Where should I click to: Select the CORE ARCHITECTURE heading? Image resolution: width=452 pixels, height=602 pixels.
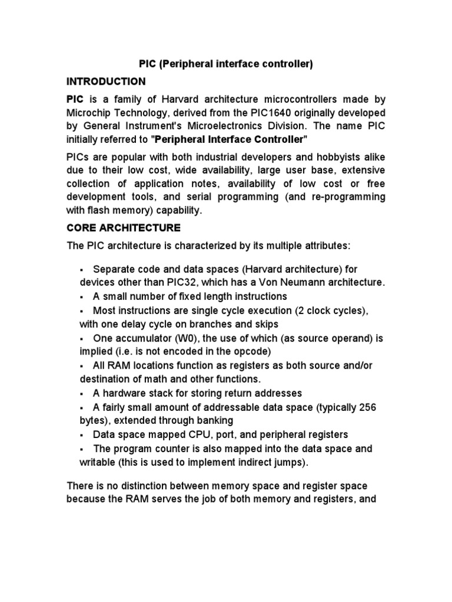[x=124, y=227]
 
